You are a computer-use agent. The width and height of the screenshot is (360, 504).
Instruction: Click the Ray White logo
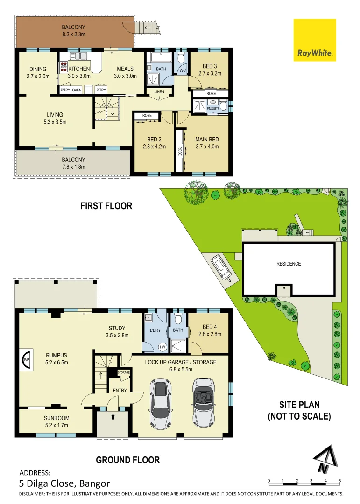click(x=314, y=41)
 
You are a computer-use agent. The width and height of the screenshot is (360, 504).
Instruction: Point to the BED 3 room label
click(x=209, y=70)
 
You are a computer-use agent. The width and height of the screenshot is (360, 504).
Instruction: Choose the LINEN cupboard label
click(x=159, y=92)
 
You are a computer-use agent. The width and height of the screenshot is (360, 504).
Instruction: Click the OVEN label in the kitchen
click(x=77, y=91)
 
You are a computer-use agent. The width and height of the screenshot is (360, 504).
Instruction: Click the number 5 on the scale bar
click(x=339, y=480)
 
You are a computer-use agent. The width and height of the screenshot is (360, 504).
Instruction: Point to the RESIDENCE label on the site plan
click(x=289, y=264)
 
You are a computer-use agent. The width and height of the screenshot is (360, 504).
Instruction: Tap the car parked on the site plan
click(x=220, y=268)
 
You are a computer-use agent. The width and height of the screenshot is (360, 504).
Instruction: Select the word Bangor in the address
click(x=95, y=483)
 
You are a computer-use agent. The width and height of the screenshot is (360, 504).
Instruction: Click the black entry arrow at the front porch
click(x=113, y=417)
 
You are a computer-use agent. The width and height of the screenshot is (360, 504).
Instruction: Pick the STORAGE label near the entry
click(x=124, y=372)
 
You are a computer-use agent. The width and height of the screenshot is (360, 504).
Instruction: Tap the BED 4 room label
click(x=210, y=330)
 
